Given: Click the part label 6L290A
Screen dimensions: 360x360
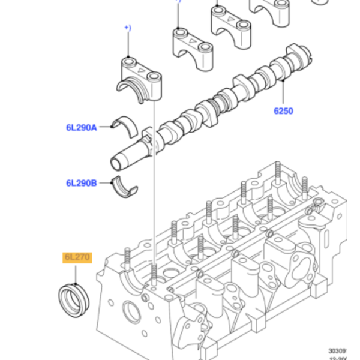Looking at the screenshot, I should (x=81, y=127).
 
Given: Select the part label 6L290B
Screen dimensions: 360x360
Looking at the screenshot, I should (x=81, y=183).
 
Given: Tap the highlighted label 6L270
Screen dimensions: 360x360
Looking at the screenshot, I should (x=76, y=258).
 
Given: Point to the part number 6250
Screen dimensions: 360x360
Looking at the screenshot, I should (x=283, y=111).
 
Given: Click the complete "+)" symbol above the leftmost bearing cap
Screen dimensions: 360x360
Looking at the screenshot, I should (x=127, y=28).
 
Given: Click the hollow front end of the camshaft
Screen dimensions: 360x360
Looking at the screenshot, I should (x=117, y=161).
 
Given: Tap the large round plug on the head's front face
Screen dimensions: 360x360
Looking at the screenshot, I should (x=130, y=311).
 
